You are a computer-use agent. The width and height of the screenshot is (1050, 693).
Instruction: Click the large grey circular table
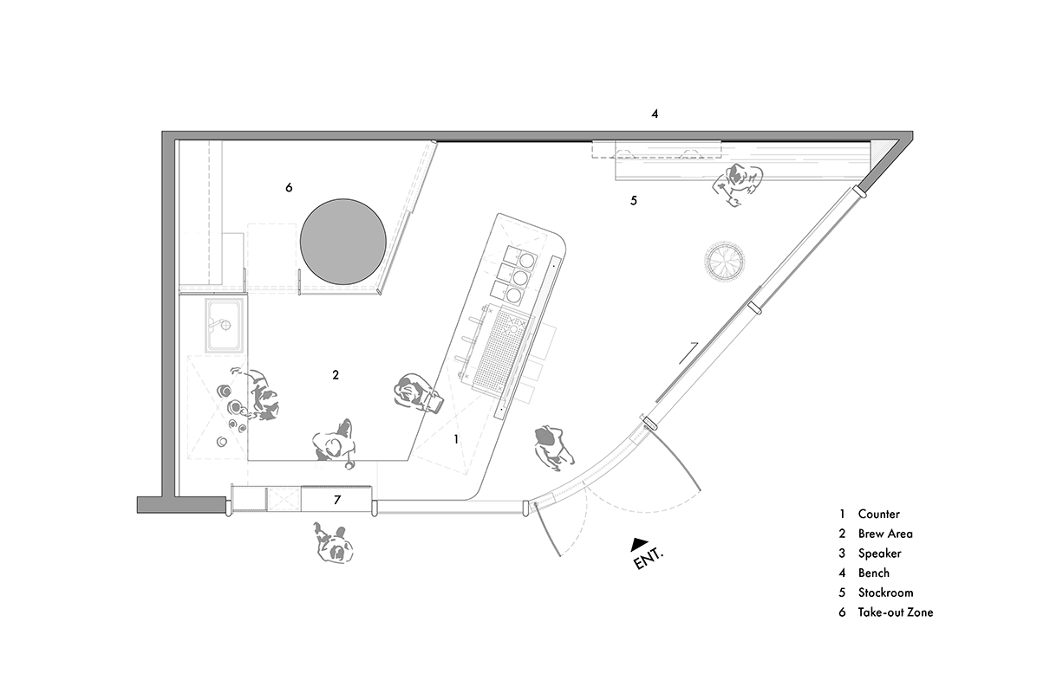[x=343, y=242]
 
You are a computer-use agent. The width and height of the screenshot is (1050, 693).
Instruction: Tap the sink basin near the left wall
[x=224, y=325]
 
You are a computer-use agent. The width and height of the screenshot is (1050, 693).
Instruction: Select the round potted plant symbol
[x=724, y=261]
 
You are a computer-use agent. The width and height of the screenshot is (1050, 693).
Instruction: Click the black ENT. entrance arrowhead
[x=639, y=544]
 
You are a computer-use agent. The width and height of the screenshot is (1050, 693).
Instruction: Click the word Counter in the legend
[x=879, y=515]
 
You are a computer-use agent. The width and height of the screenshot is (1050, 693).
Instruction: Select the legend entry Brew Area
[x=885, y=534]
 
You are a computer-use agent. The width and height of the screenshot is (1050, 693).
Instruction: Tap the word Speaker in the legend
[x=880, y=554]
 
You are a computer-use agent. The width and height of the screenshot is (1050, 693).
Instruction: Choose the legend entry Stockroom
[x=886, y=593]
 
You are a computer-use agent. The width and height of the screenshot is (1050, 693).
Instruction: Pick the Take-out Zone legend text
[x=896, y=612]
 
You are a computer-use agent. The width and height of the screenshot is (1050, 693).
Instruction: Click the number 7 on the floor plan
[x=337, y=500]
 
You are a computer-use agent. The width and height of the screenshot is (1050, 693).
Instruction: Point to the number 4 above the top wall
[x=655, y=113]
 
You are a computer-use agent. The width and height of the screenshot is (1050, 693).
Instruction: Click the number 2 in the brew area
[x=336, y=375]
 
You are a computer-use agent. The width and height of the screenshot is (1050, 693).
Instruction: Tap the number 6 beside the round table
[x=289, y=188]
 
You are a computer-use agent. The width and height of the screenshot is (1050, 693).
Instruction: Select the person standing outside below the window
[x=334, y=544]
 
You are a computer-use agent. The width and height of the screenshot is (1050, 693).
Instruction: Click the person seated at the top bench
[x=737, y=184]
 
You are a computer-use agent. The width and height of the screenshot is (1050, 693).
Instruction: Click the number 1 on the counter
[x=456, y=439]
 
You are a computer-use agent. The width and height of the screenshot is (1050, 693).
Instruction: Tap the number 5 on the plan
[x=634, y=201]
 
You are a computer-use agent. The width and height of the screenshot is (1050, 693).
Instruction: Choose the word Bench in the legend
[x=874, y=573]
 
